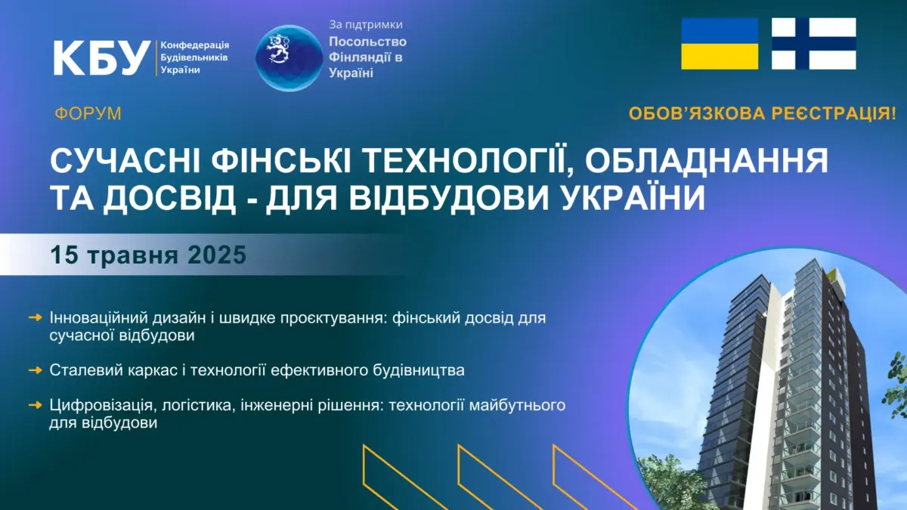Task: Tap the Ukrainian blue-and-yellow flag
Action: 720,44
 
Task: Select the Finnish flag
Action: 814,44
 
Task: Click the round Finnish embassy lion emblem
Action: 289,58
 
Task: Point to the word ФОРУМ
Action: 88,114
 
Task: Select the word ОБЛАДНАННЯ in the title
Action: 706,161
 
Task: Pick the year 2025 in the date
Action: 217,255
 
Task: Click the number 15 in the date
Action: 64,255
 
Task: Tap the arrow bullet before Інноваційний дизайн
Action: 36,318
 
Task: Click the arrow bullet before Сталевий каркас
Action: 36,370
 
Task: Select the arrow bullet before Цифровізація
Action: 36,405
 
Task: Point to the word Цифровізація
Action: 101,406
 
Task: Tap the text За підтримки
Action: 366,25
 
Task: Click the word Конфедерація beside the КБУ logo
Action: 195,45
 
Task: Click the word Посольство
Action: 367,42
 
